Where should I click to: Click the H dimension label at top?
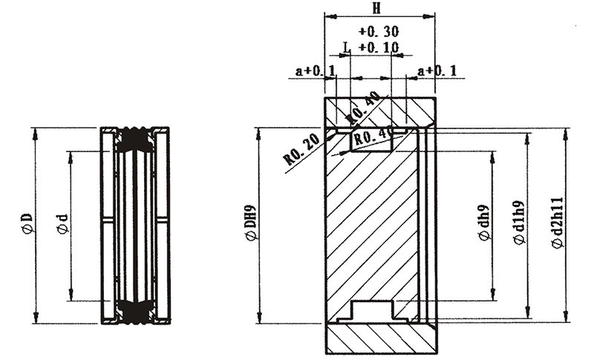[x=376, y=8]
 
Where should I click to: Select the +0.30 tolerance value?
[x=378, y=31]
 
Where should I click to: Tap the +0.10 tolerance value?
[x=378, y=48]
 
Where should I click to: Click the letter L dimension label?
[x=347, y=48]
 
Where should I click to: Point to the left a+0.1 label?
[x=315, y=71]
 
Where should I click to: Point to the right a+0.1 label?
[x=437, y=71]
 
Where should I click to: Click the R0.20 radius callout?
[x=302, y=151]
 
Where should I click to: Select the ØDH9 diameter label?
[x=252, y=223]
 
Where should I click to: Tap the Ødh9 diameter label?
[x=485, y=223]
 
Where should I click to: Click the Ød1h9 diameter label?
[x=519, y=223]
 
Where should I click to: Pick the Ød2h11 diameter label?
[x=557, y=223]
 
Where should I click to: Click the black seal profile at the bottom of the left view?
[x=134, y=312]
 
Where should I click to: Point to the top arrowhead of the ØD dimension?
[x=36, y=134]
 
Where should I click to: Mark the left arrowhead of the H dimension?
[x=330, y=16]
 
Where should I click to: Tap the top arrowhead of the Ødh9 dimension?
[x=493, y=157]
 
